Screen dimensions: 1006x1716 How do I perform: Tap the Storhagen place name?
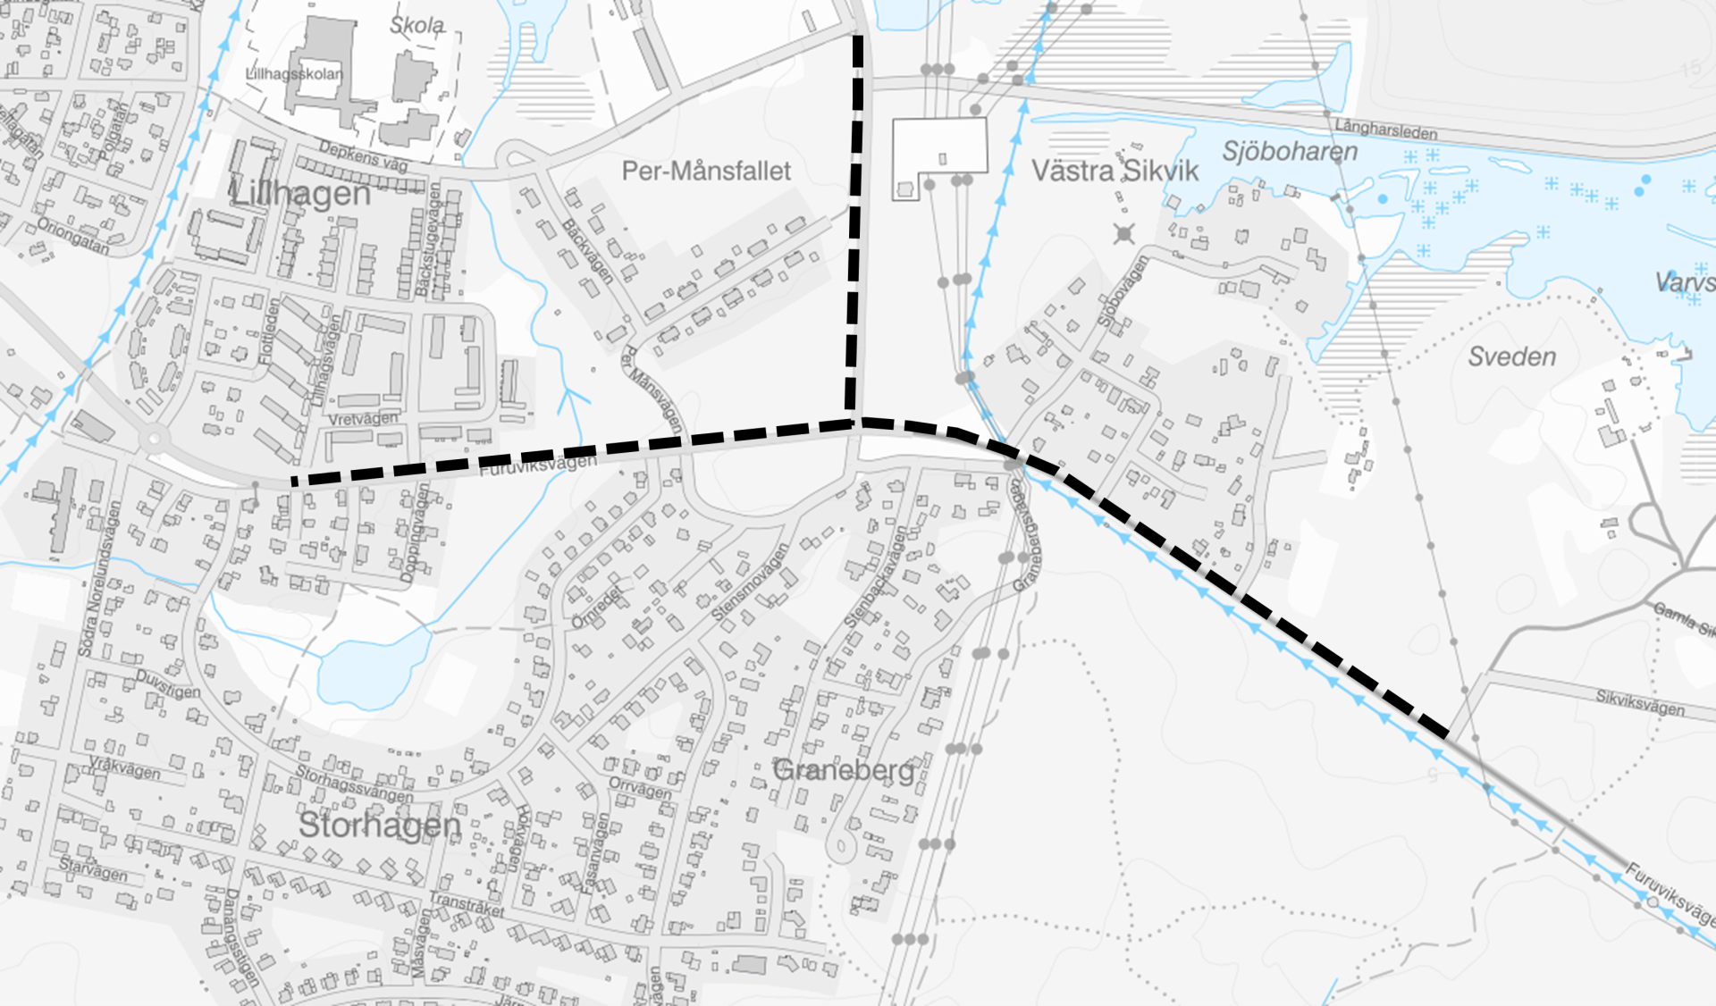click(x=379, y=825)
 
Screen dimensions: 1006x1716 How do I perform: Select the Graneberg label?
click(x=844, y=769)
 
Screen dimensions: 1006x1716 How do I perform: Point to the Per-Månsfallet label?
click(x=706, y=171)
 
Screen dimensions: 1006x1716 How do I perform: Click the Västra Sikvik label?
click(x=1115, y=171)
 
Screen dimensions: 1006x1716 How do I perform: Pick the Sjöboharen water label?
click(x=1290, y=152)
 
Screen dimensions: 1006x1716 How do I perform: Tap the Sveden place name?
click(x=1512, y=357)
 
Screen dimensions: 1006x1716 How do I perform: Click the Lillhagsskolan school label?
click(x=294, y=74)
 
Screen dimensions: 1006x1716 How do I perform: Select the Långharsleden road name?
click(x=1386, y=130)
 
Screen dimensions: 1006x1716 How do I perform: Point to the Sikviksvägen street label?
click(x=1640, y=702)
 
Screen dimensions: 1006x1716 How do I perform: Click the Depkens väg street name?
click(x=363, y=156)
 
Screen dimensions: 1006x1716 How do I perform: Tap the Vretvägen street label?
click(x=363, y=419)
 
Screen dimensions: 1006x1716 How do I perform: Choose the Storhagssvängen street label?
click(x=355, y=784)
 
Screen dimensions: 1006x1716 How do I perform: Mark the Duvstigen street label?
click(x=168, y=684)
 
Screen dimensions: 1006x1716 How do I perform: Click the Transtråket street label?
click(x=467, y=904)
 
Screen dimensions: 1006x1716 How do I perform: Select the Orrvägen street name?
click(x=640, y=788)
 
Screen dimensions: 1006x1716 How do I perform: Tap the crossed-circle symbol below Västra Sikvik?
click(x=1124, y=234)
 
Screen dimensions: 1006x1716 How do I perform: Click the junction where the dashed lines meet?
click(x=856, y=422)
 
